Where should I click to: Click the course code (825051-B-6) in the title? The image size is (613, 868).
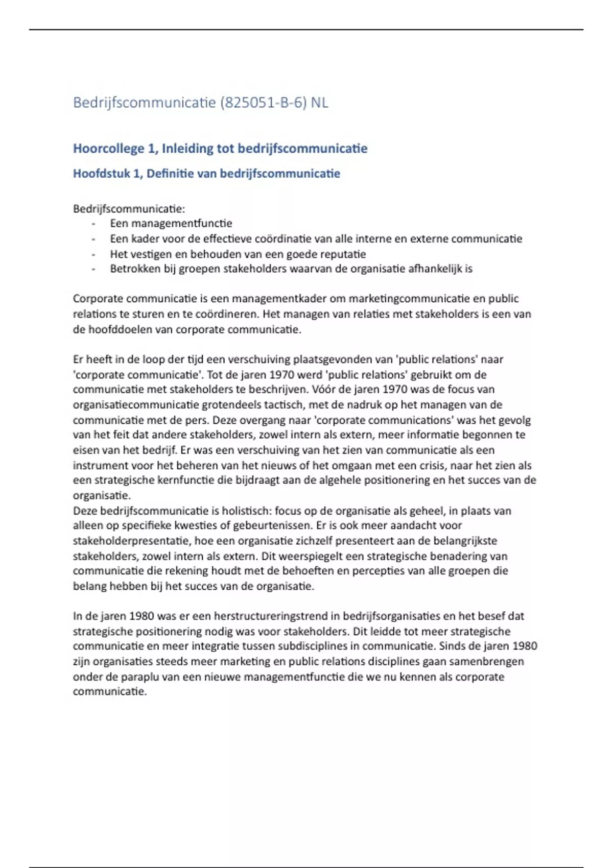(x=263, y=103)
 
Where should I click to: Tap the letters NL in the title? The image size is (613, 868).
(x=319, y=103)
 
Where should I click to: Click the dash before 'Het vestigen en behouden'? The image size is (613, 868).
(x=93, y=254)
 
